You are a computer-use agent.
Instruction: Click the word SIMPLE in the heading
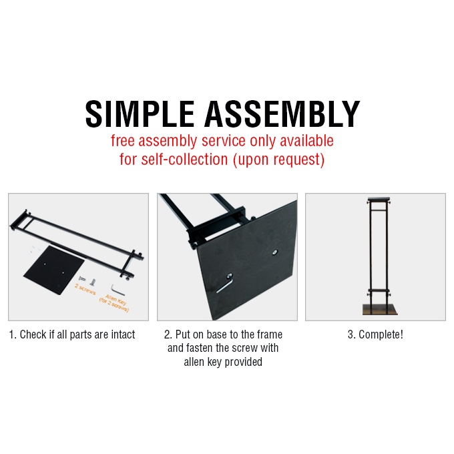tap(140, 114)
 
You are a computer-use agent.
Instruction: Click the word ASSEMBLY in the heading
tap(282, 114)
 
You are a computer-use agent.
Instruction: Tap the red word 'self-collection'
tap(184, 160)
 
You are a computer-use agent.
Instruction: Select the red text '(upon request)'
tap(279, 160)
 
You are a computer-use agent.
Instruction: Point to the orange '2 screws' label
tap(85, 289)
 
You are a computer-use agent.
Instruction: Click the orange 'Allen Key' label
tap(116, 299)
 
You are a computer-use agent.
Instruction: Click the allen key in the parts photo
tap(118, 290)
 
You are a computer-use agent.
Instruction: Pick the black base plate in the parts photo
tap(54, 270)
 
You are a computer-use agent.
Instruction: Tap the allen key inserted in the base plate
tap(224, 284)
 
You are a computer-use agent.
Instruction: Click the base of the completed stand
tap(380, 309)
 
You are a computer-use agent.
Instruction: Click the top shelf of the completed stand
tap(379, 200)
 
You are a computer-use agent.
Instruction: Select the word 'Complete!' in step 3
tap(381, 334)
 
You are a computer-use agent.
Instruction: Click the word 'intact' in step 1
tap(123, 334)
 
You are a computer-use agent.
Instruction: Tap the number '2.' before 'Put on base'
tap(168, 334)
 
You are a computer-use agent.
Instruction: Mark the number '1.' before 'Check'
tap(13, 334)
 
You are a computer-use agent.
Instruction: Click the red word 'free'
tap(122, 141)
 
